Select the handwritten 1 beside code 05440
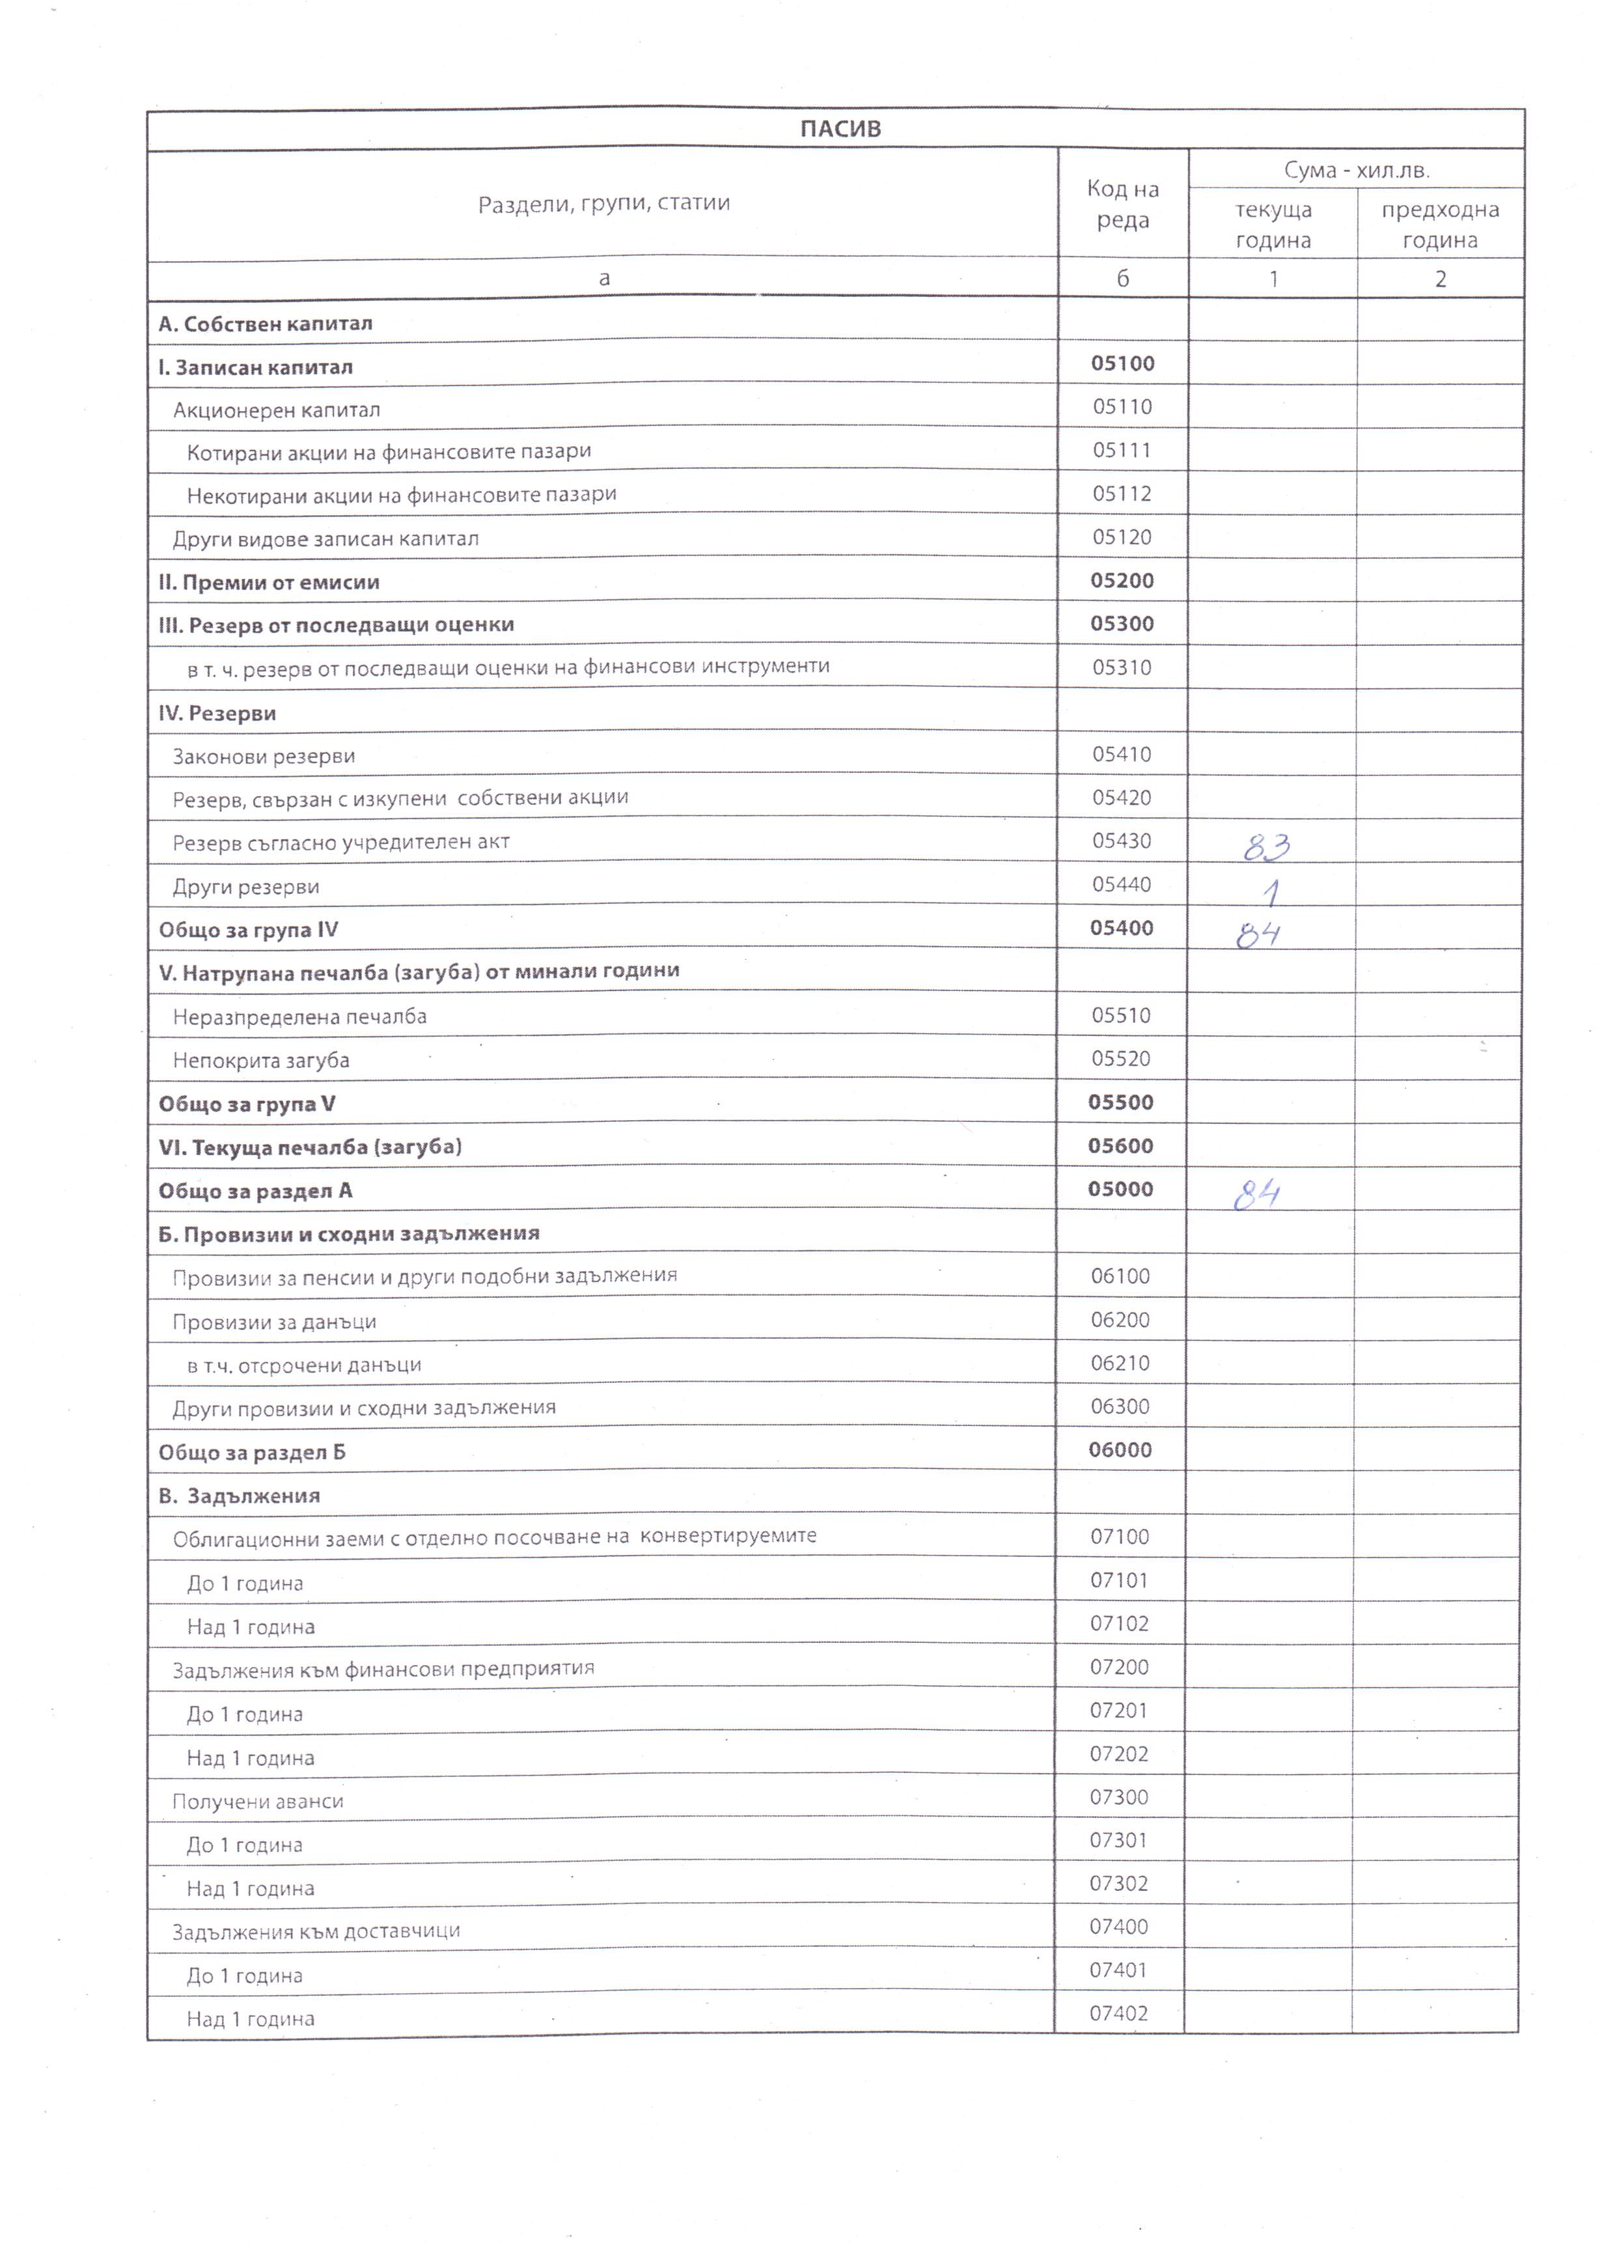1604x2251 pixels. (1272, 893)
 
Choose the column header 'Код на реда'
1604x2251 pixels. (1122, 204)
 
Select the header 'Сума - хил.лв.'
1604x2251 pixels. (1356, 170)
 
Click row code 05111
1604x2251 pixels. (1122, 451)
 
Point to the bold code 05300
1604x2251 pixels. (1122, 623)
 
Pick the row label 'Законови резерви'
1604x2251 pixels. (264, 757)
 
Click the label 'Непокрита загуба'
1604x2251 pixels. (261, 1060)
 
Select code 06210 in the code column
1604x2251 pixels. (1120, 1363)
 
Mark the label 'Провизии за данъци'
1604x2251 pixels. (275, 1322)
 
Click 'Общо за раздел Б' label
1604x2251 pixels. (252, 1452)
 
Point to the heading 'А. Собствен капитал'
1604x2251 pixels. (265, 324)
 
